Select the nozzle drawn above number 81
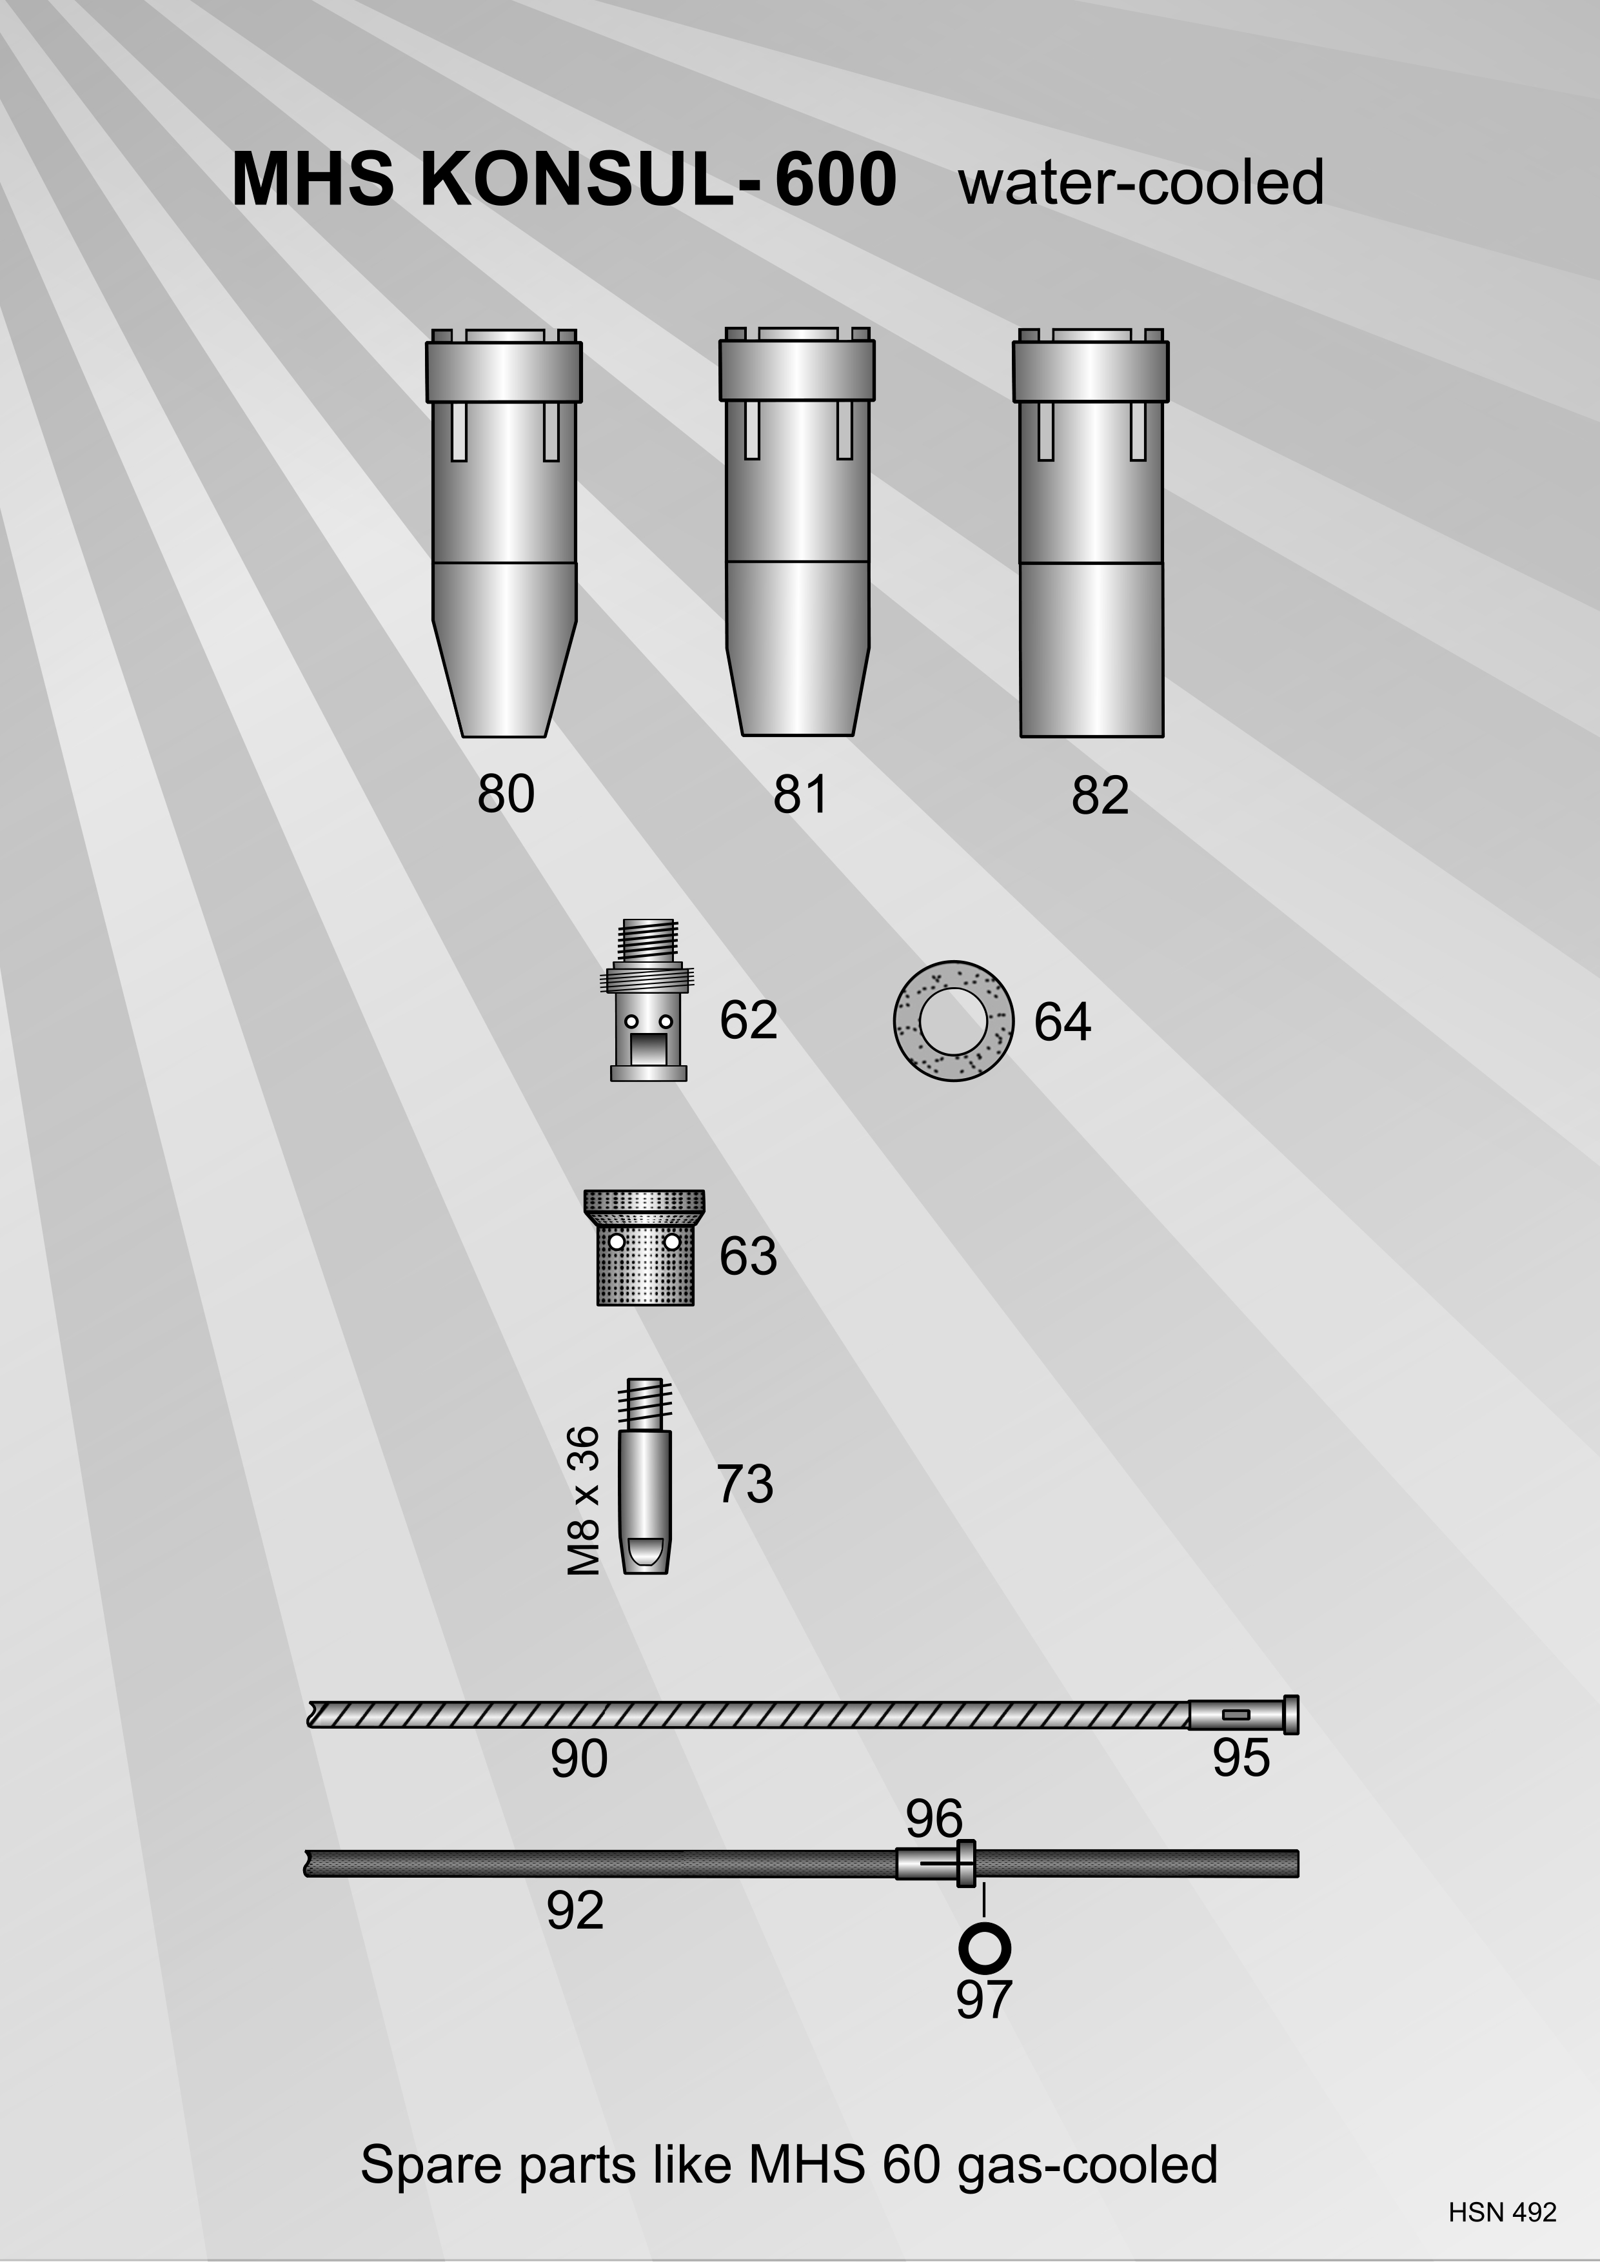[797, 531]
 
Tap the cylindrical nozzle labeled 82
[1091, 532]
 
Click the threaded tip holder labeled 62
[647, 1001]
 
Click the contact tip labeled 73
[646, 1476]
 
